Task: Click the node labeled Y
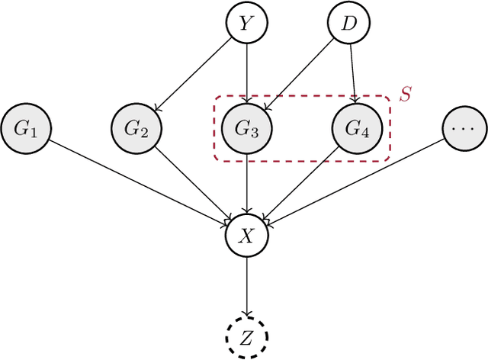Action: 246,24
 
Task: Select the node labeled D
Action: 349,24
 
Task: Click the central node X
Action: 246,236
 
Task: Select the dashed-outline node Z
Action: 246,336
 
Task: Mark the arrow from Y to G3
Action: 246,76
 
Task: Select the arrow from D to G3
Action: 300,76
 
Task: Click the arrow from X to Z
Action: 246,285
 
